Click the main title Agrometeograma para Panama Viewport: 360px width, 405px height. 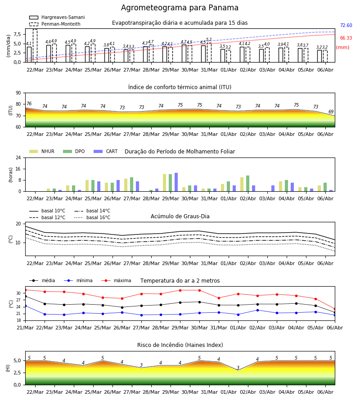[180, 8]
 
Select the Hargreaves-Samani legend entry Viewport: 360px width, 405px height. [57, 17]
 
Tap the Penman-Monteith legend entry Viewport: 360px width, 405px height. [55, 24]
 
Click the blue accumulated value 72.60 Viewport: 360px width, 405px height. [346, 25]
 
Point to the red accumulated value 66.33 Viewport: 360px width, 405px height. [346, 38]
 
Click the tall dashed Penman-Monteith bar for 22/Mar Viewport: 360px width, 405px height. [35, 46]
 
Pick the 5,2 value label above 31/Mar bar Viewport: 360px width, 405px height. [209, 40]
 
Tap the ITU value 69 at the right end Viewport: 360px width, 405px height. [331, 112]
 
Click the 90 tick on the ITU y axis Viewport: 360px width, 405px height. [18, 93]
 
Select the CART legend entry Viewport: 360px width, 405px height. [106, 151]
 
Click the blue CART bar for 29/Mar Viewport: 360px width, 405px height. [176, 182]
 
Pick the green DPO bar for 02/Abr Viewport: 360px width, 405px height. [247, 184]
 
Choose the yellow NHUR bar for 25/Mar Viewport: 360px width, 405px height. [87, 186]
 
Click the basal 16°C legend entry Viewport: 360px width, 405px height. [92, 217]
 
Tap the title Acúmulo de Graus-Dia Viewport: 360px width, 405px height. [180, 216]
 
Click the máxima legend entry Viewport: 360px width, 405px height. [117, 280]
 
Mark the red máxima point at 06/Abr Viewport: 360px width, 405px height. [335, 309]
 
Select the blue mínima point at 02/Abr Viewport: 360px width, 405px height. [257, 310]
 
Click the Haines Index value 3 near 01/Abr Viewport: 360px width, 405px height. [238, 367]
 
